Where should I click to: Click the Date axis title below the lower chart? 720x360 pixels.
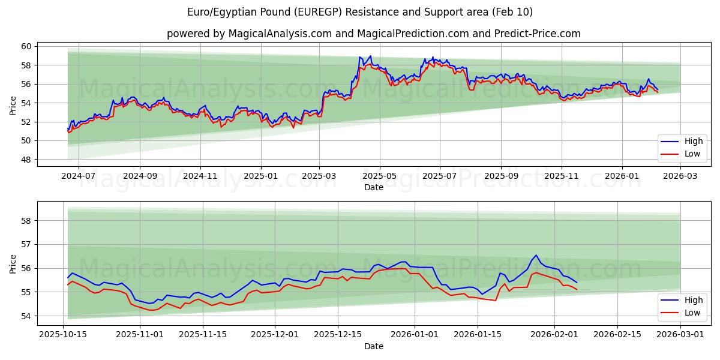click(x=374, y=346)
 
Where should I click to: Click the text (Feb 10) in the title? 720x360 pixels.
click(x=512, y=12)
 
